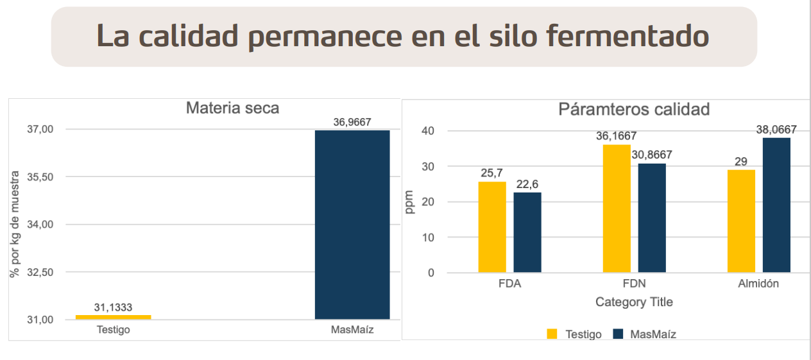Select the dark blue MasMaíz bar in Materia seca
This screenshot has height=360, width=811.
352,225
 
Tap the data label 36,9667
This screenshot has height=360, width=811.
352,122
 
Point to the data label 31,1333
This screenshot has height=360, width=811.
113,307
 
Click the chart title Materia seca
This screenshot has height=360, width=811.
232,108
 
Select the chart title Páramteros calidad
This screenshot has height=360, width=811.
634,109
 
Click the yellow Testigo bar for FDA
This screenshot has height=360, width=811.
492,227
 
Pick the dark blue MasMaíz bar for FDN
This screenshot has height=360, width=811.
652,218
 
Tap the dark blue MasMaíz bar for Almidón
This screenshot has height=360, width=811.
776,205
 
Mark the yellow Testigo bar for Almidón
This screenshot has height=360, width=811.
741,221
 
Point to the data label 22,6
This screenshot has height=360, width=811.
527,184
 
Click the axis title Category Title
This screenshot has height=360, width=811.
634,302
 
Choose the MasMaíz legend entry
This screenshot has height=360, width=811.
653,334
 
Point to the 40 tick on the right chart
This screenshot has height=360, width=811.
427,131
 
